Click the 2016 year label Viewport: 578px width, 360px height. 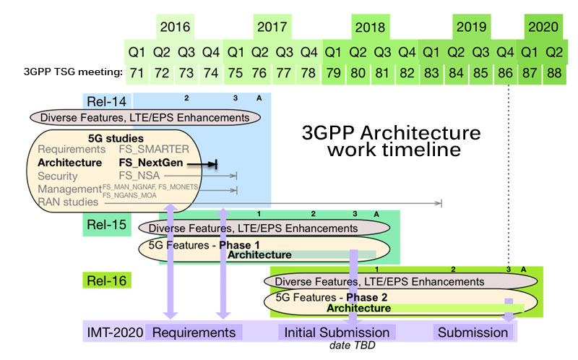pos(175,27)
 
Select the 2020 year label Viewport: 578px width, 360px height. pos(543,27)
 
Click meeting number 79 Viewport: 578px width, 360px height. pos(333,72)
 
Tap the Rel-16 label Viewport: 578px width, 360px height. pos(107,278)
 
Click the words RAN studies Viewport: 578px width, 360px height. pos(65,203)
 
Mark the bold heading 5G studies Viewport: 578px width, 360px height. pos(110,137)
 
